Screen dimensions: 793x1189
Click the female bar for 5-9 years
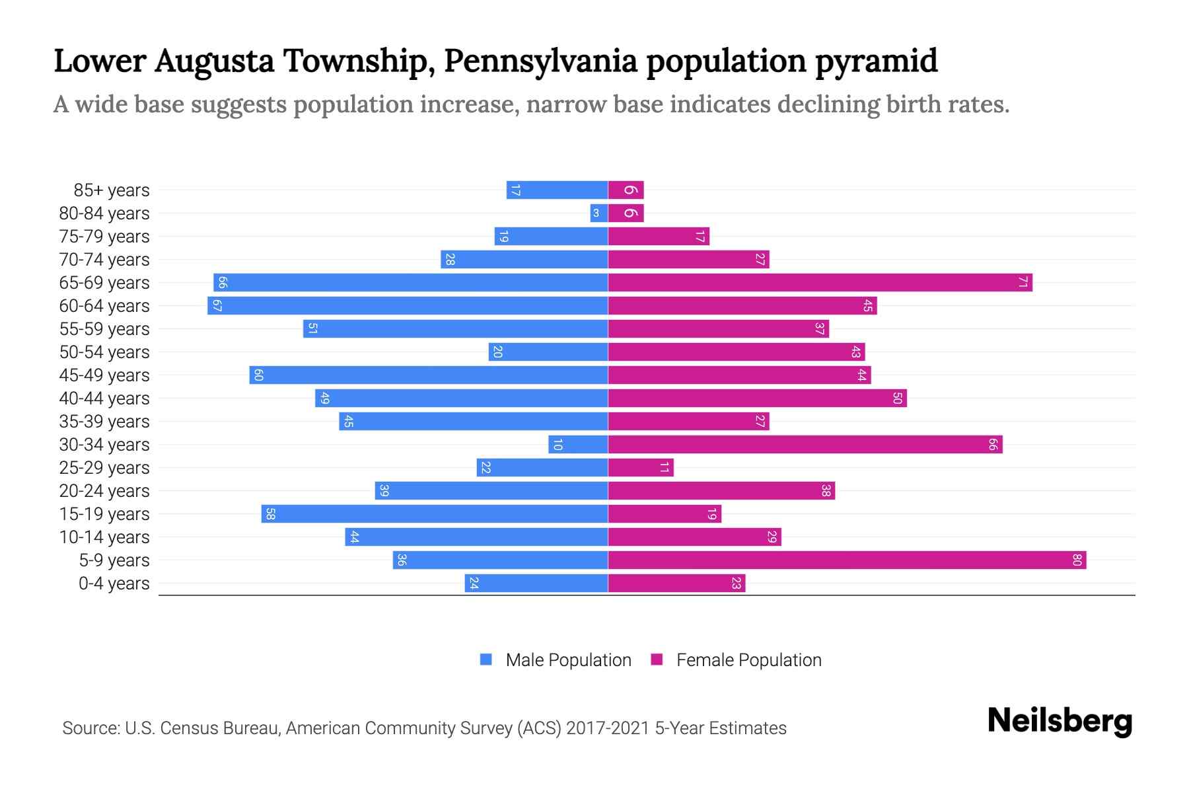click(x=847, y=560)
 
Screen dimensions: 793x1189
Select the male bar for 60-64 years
click(x=408, y=306)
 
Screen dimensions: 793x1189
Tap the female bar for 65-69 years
click(x=820, y=283)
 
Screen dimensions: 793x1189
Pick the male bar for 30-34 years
click(x=578, y=445)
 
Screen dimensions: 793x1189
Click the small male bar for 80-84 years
click(x=598, y=213)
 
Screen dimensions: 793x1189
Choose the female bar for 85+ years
click(x=626, y=190)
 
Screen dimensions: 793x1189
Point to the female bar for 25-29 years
click(x=641, y=468)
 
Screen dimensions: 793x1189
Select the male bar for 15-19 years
click(x=435, y=514)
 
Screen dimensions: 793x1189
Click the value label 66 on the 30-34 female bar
click(x=992, y=445)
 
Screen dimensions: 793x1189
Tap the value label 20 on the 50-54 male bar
click(x=498, y=352)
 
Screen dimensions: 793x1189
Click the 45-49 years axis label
click(x=104, y=375)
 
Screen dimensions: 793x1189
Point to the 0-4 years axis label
click(x=114, y=584)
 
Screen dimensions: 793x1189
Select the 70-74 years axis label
click(x=104, y=260)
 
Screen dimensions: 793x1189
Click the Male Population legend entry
click(x=567, y=660)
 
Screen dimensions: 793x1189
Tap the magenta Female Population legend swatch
click(x=657, y=660)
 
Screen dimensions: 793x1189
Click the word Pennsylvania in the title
click(x=540, y=61)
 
